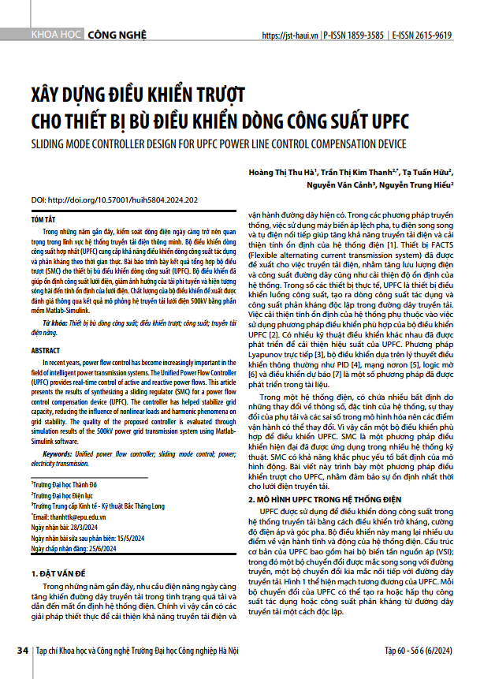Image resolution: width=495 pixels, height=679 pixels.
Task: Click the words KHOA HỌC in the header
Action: [55, 35]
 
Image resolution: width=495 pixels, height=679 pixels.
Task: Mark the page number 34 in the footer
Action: [22, 651]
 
